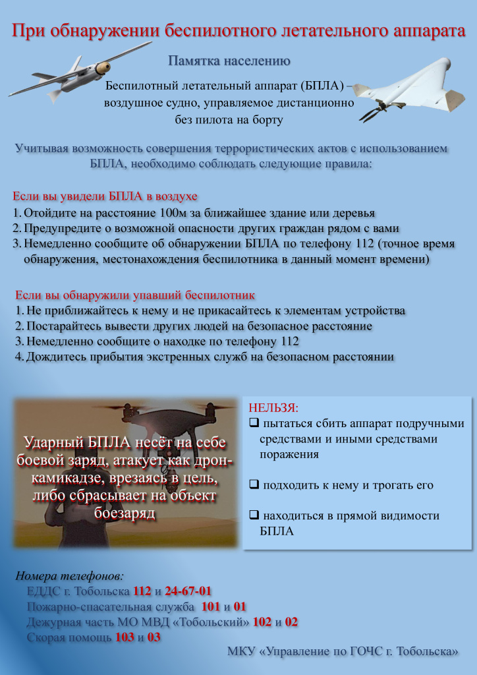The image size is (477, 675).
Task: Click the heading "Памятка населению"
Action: [229, 61]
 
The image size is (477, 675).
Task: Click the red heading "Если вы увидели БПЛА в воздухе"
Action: [105, 196]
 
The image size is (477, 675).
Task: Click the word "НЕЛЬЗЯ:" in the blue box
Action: [273, 407]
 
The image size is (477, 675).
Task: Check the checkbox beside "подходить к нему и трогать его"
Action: [254, 486]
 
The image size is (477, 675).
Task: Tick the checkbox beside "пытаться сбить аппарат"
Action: [254, 423]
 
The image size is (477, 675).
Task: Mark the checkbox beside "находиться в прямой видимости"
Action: [254, 516]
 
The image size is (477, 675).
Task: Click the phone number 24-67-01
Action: [188, 591]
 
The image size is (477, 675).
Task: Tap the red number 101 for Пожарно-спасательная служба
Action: [210, 606]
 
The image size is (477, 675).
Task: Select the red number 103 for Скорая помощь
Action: [125, 637]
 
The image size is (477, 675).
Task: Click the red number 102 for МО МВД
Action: [262, 622]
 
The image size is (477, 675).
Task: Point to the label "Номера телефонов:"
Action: [70, 575]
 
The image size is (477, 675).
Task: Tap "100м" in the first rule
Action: [176, 214]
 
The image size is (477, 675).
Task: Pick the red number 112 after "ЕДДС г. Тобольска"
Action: [142, 591]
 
